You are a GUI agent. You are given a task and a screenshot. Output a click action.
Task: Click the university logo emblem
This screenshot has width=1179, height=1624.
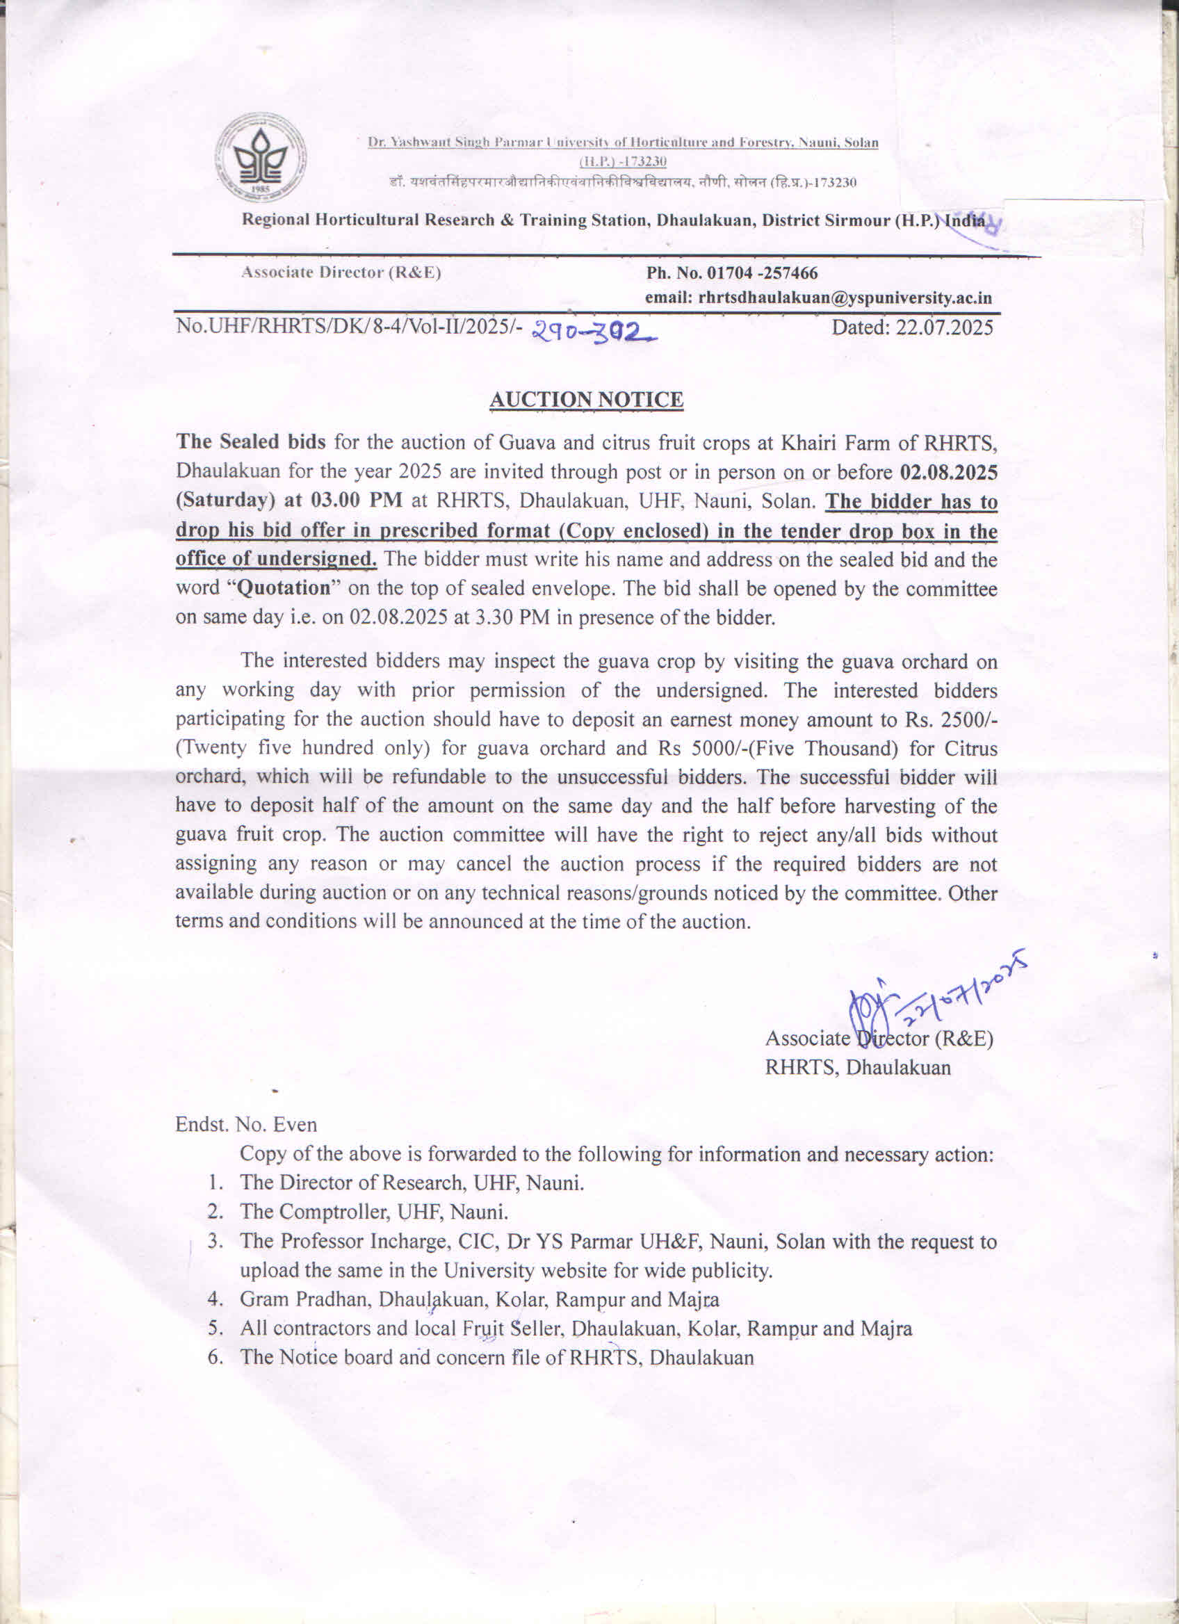click(261, 158)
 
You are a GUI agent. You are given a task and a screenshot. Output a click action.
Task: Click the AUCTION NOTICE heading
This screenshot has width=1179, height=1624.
click(586, 400)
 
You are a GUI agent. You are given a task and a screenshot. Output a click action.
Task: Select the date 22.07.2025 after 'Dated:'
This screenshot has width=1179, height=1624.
click(944, 328)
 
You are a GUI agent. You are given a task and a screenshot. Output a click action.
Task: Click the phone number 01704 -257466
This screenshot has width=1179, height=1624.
click(763, 273)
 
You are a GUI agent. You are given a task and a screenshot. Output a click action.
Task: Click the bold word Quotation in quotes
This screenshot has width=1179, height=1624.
click(284, 588)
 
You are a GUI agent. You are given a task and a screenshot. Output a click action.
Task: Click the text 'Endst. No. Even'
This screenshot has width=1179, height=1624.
click(246, 1124)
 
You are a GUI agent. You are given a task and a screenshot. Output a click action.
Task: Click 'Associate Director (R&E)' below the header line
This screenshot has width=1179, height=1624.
click(341, 273)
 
